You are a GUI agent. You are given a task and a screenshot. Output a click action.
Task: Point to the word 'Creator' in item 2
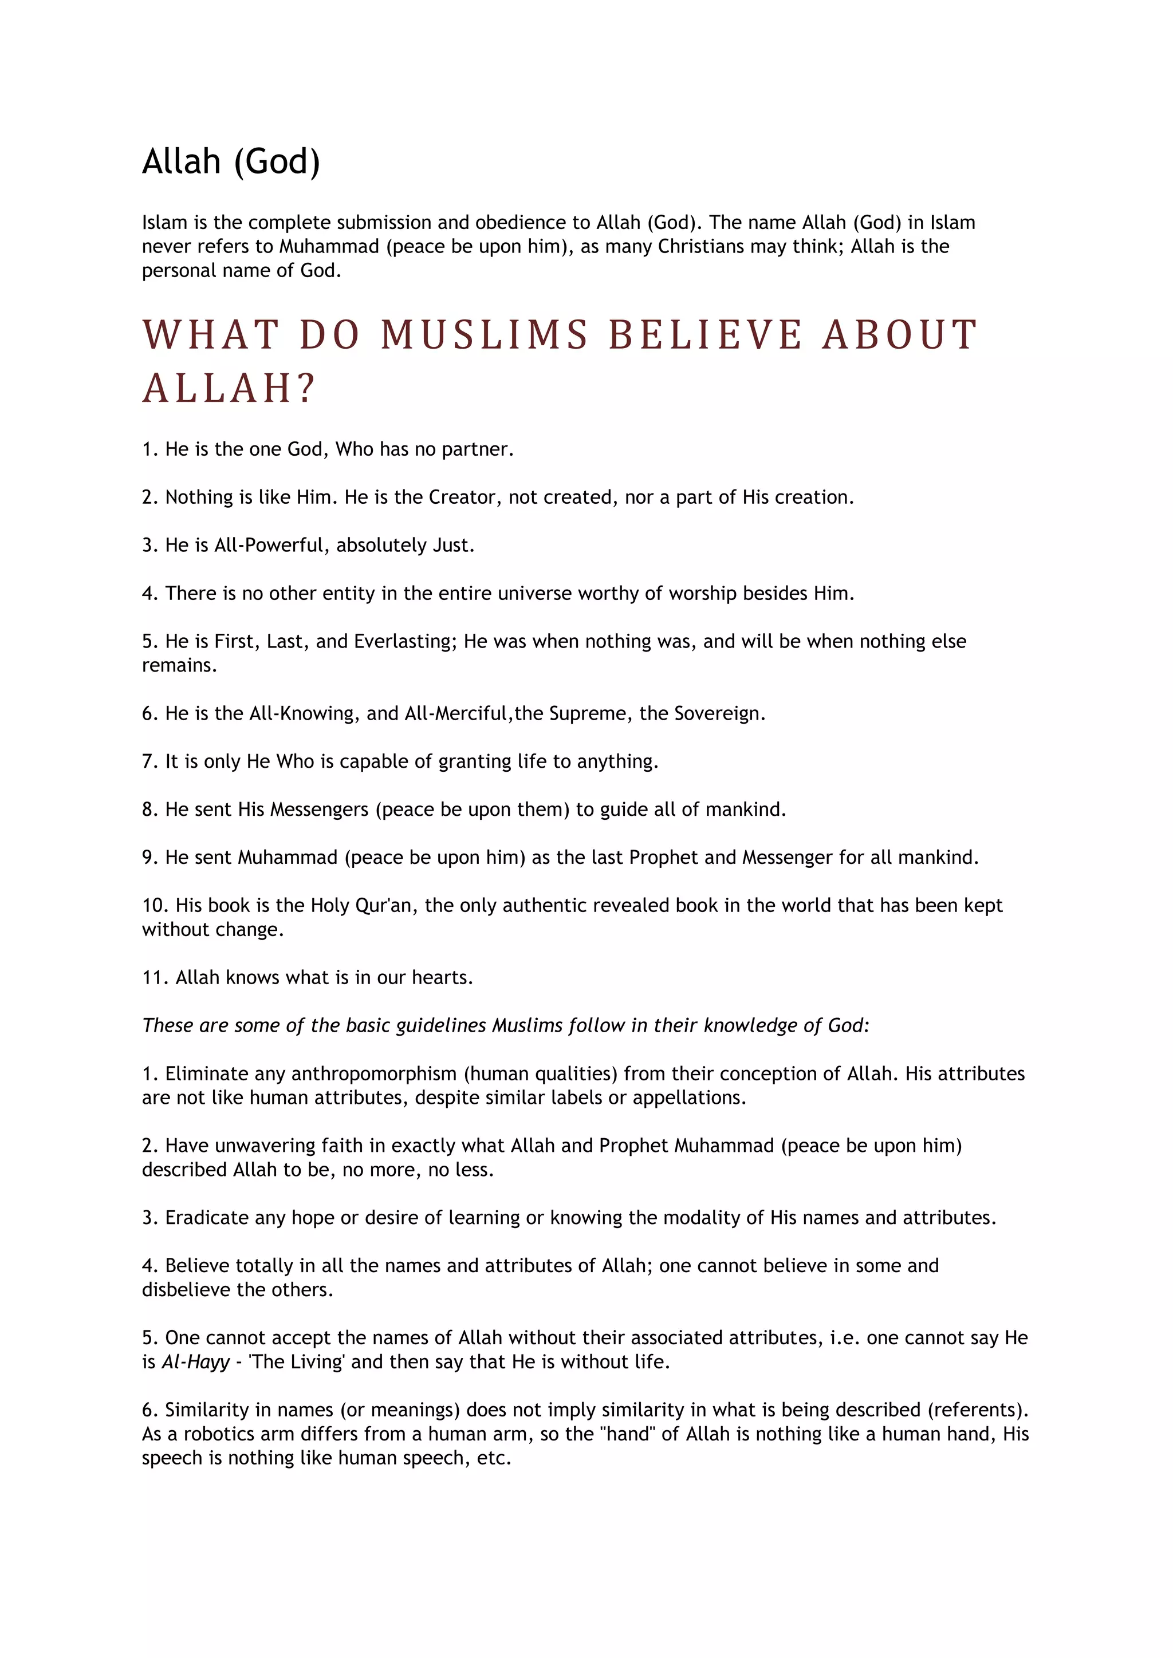point(462,497)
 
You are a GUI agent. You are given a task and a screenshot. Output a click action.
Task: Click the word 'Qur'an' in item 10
point(383,906)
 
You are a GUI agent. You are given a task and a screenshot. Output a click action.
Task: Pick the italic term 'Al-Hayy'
point(195,1362)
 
